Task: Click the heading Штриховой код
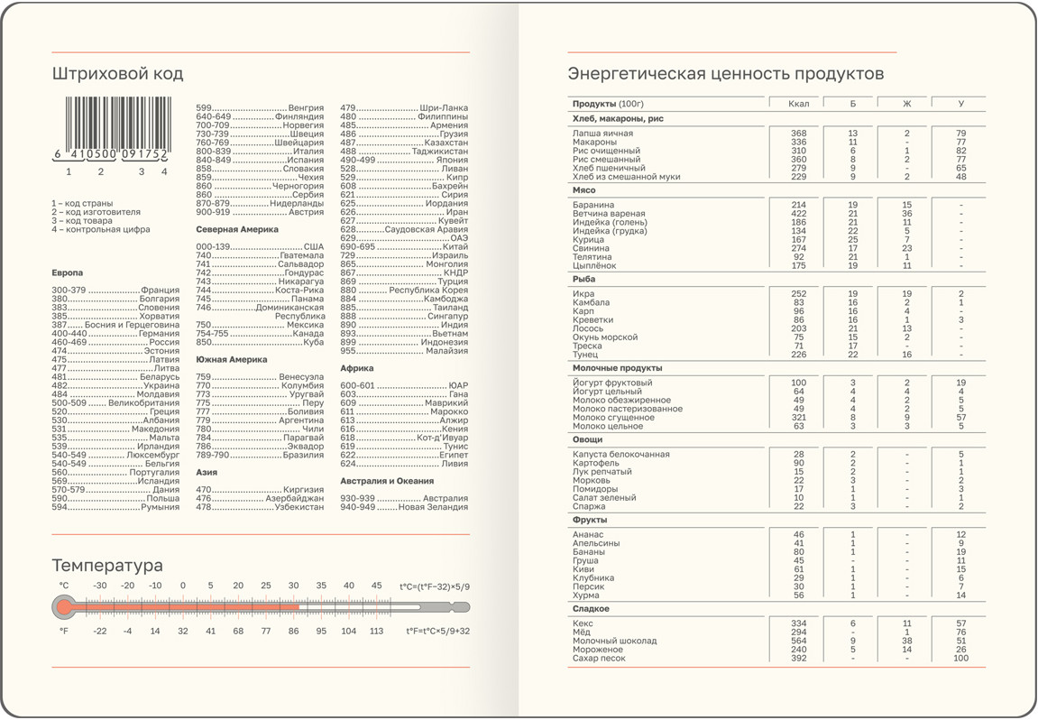pos(117,74)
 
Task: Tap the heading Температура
pos(107,566)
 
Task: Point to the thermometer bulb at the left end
pos(64,608)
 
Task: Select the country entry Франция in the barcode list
pos(160,291)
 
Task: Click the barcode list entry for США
pos(313,247)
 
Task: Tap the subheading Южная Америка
pos(232,360)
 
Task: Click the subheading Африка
pos(357,368)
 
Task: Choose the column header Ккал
pos(798,104)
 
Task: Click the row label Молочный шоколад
pos(614,642)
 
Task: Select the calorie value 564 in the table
pos(798,642)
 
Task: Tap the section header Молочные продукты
pos(617,368)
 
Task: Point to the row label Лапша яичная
pos(602,134)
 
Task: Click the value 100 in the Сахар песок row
pos(960,659)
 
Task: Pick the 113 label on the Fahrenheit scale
pos(376,632)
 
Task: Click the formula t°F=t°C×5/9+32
pos(437,632)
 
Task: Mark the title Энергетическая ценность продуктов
pos(725,74)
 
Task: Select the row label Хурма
pos(586,595)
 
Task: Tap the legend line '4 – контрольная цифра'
pos(101,229)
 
